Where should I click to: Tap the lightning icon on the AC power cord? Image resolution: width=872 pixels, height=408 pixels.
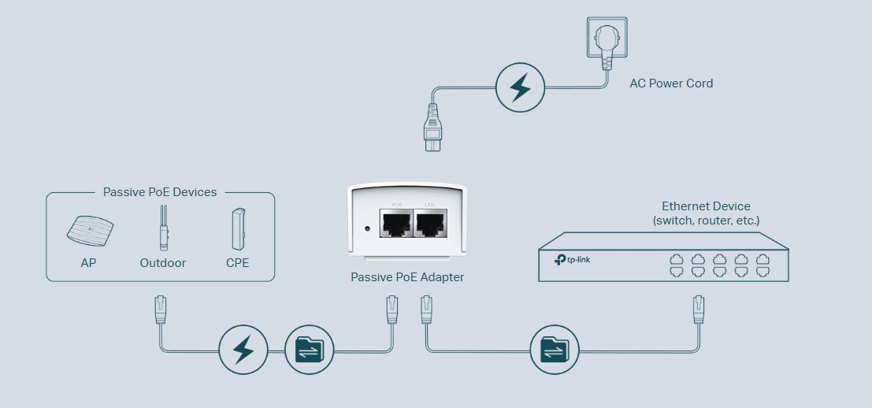pyautogui.click(x=520, y=87)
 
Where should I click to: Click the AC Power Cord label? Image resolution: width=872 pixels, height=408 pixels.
pyautogui.click(x=671, y=83)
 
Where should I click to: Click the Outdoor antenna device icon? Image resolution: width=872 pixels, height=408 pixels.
pyautogui.click(x=162, y=228)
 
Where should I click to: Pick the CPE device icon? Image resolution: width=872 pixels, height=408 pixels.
pyautogui.click(x=237, y=228)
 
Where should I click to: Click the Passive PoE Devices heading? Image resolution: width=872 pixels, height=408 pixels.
pyautogui.click(x=160, y=191)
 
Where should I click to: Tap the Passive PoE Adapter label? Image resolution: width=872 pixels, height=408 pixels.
pyautogui.click(x=407, y=276)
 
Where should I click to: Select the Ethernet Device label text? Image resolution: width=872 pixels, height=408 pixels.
pyautogui.click(x=706, y=206)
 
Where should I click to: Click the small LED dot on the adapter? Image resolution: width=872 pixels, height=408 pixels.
pyautogui.click(x=367, y=229)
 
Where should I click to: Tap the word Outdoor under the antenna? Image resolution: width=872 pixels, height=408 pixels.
pyautogui.click(x=162, y=262)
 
